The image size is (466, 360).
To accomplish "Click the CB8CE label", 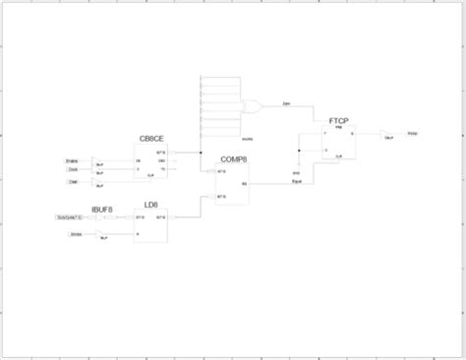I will [150, 139].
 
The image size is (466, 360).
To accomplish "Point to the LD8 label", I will [150, 205].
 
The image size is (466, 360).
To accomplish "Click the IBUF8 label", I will [101, 209].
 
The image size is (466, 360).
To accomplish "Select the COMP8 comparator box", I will [233, 184].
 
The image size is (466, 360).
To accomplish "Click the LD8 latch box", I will [149, 226].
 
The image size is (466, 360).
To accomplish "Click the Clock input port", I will [73, 169].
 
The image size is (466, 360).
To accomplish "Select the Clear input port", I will [73, 181].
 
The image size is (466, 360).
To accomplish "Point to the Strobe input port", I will [75, 234].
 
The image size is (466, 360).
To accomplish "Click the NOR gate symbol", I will [252, 107].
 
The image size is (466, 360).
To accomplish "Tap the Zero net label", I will [285, 102].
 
